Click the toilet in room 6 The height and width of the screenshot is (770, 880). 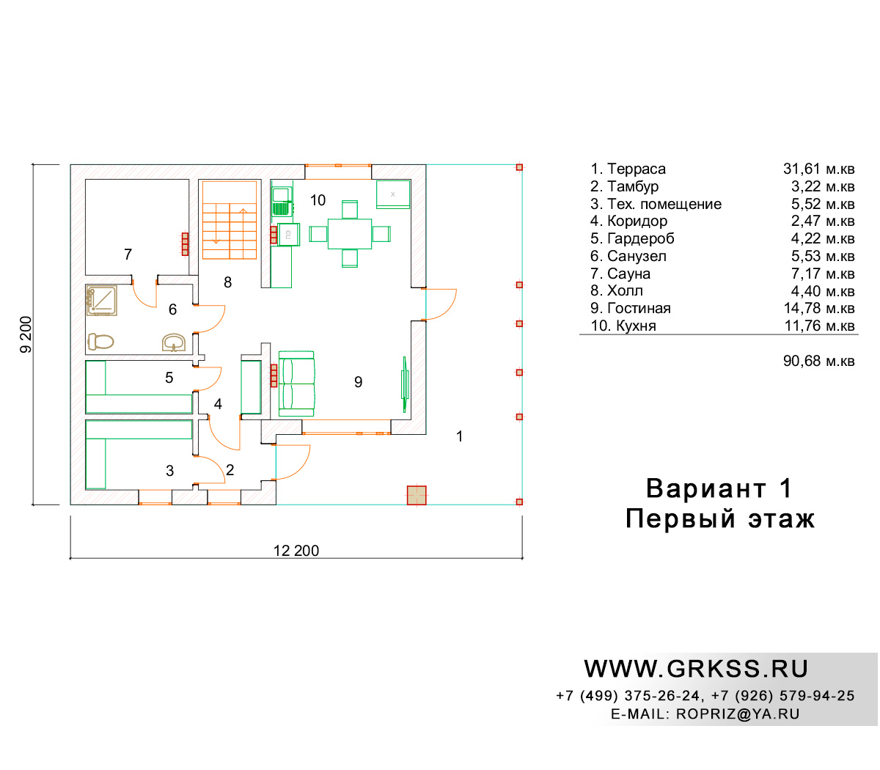(x=100, y=342)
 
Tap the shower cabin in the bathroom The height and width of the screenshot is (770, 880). (x=101, y=300)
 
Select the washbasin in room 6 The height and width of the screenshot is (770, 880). (x=174, y=343)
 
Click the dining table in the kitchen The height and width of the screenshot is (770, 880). (x=350, y=234)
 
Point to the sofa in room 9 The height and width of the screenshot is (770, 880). (x=296, y=384)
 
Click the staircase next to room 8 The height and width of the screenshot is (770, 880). (x=230, y=220)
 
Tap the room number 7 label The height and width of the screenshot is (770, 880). (x=128, y=254)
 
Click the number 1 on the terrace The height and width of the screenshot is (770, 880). (x=459, y=436)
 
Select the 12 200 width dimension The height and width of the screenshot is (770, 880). (x=296, y=551)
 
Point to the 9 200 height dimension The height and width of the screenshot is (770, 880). (x=26, y=334)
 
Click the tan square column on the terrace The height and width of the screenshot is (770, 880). (x=417, y=495)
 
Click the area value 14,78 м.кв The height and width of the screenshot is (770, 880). (x=819, y=308)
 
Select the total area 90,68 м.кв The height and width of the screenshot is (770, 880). (x=819, y=361)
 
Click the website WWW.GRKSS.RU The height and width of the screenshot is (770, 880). (x=696, y=669)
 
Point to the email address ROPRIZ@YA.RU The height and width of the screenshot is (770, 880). (x=738, y=714)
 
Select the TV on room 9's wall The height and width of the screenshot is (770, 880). (x=404, y=384)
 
